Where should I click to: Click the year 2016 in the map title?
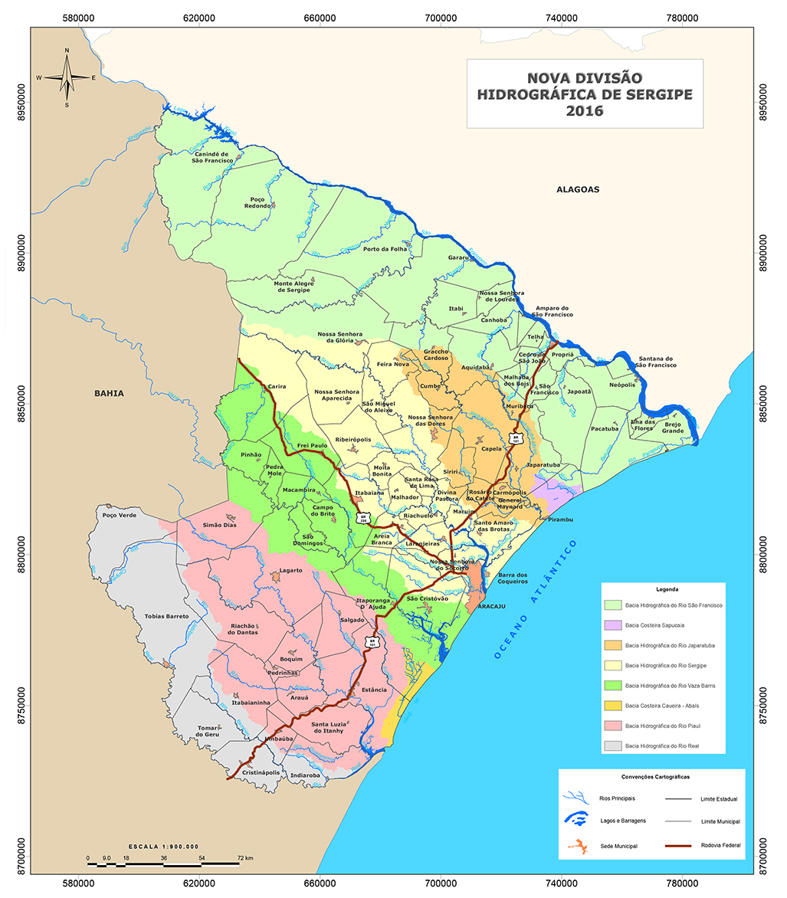coord(584,111)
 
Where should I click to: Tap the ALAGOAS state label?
coord(577,188)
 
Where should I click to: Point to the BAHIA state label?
coord(109,393)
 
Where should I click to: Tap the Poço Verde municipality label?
coord(118,516)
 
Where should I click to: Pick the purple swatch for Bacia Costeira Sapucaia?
coord(612,625)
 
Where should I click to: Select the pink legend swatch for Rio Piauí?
coord(612,725)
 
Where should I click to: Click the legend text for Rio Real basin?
coord(663,746)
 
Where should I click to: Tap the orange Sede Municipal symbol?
coord(580,847)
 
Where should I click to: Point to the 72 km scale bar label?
coord(244,857)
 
